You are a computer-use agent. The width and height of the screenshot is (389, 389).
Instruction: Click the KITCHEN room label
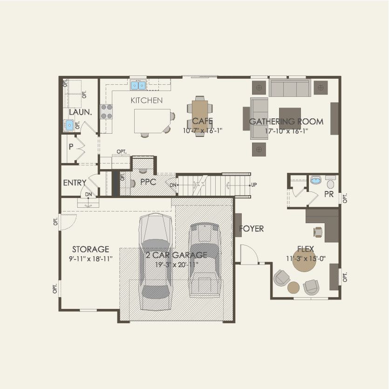146,100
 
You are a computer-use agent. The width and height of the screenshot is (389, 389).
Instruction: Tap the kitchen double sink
138,85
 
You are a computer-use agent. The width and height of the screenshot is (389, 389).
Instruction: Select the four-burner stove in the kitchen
107,111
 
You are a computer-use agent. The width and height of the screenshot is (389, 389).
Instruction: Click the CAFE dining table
202,112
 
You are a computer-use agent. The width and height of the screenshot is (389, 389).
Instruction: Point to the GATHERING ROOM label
286,122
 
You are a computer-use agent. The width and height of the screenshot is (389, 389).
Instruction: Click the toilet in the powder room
330,180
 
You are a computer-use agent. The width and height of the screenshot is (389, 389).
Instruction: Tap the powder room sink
316,180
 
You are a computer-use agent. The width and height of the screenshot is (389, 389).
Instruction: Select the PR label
328,194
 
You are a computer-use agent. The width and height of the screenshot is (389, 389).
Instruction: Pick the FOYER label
252,229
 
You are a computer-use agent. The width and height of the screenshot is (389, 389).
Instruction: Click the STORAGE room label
90,249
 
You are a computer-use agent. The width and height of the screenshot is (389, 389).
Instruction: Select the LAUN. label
80,112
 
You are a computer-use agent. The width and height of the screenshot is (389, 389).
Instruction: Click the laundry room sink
69,125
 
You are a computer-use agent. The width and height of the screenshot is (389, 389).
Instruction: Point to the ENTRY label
75,183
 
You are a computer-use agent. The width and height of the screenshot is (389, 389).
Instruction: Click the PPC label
148,182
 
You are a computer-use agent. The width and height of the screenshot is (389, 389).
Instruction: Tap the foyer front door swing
246,254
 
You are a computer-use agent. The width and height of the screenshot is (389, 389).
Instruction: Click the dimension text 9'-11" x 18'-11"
90,259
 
